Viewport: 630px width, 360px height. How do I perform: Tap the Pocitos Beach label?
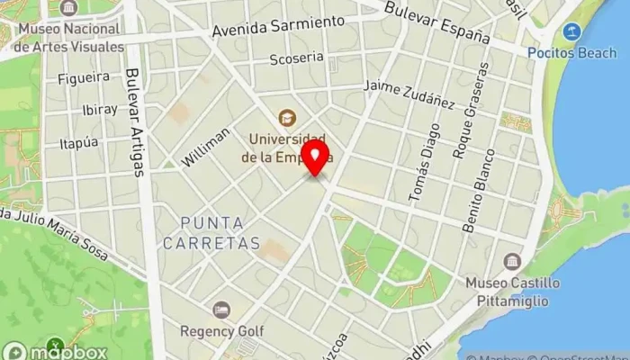point(571,53)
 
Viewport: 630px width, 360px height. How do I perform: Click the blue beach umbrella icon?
point(571,33)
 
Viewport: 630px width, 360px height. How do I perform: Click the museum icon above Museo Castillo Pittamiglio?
point(512,262)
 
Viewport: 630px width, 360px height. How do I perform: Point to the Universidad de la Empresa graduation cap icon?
point(287,117)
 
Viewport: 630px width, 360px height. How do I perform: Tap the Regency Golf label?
point(221,330)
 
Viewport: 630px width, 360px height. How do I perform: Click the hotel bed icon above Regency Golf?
point(221,310)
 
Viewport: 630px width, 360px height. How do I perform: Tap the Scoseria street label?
point(296,58)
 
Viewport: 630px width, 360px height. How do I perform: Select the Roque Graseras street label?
point(472,112)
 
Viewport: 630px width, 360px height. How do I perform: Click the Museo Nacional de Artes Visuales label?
point(69,38)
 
